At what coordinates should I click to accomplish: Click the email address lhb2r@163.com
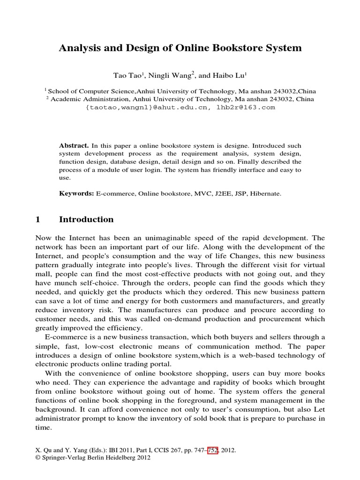click(x=246, y=107)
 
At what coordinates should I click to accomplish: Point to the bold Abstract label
click(x=74, y=146)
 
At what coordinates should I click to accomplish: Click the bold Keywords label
click(x=77, y=193)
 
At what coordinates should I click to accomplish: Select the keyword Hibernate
click(x=265, y=193)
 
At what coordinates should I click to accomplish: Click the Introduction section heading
click(x=86, y=219)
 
